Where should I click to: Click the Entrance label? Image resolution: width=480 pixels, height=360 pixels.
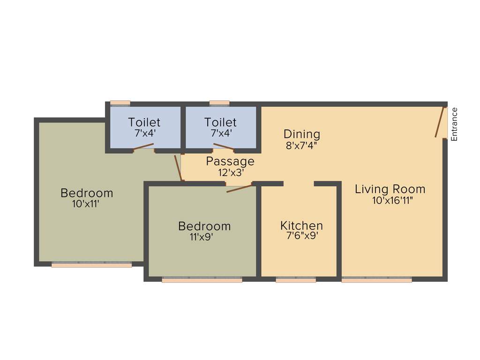(454, 124)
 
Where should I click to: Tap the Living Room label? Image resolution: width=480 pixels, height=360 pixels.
(390, 189)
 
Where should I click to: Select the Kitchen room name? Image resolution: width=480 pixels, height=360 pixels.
(301, 225)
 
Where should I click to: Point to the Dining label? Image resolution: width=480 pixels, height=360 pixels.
(302, 134)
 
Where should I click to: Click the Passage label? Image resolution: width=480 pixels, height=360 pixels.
(230, 162)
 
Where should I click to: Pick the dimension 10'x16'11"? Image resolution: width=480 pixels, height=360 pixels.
(392, 201)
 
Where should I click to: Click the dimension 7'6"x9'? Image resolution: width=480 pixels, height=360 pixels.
(302, 236)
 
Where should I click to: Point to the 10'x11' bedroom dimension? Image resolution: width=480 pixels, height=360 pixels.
(86, 204)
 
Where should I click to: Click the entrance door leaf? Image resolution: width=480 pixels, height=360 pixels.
(440, 122)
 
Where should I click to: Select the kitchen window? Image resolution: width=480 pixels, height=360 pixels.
(296, 280)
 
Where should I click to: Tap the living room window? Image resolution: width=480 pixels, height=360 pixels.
(376, 280)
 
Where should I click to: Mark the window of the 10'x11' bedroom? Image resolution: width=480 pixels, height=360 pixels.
(91, 265)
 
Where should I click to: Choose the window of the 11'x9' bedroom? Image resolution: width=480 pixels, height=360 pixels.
(202, 280)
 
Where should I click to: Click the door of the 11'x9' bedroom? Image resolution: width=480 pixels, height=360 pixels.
(240, 188)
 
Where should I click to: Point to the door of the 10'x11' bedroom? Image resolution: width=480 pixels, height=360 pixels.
(178, 167)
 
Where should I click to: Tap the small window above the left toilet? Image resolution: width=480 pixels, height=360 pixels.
(120, 103)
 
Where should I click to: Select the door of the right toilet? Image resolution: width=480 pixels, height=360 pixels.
(224, 147)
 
